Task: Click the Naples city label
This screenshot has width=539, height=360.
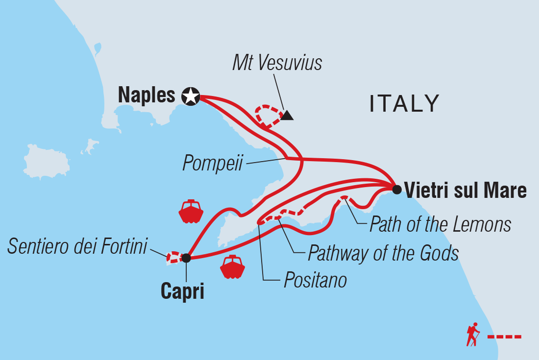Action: (x=147, y=96)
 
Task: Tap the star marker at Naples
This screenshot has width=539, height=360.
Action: (x=190, y=96)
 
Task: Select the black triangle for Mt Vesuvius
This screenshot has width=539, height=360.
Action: (x=287, y=116)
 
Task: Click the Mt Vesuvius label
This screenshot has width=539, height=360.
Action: (x=277, y=63)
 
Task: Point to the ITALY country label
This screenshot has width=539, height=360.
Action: (x=404, y=104)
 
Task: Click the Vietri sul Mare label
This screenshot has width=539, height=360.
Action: (x=465, y=190)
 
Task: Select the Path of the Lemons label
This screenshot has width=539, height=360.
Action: (x=440, y=225)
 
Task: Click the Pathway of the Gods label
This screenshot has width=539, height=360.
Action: (x=383, y=253)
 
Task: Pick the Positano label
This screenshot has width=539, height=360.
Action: (x=315, y=281)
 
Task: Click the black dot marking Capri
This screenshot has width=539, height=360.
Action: (x=186, y=258)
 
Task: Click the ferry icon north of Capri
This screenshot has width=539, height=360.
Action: (x=191, y=212)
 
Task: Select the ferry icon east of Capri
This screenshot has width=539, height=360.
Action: (x=232, y=267)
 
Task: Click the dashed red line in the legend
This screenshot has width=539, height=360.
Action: (x=504, y=337)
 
